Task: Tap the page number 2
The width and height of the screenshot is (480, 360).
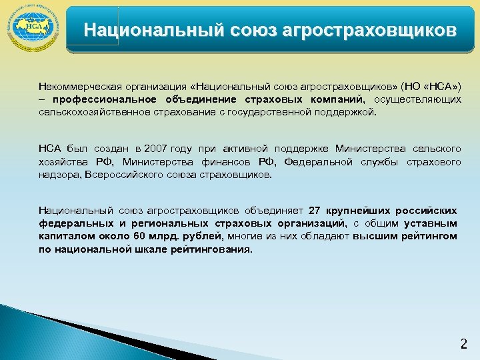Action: pyautogui.click(x=464, y=345)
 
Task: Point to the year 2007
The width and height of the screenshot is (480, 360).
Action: pyautogui.click(x=157, y=148)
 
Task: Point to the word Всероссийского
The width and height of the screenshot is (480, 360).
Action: pyautogui.click(x=136, y=175)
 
